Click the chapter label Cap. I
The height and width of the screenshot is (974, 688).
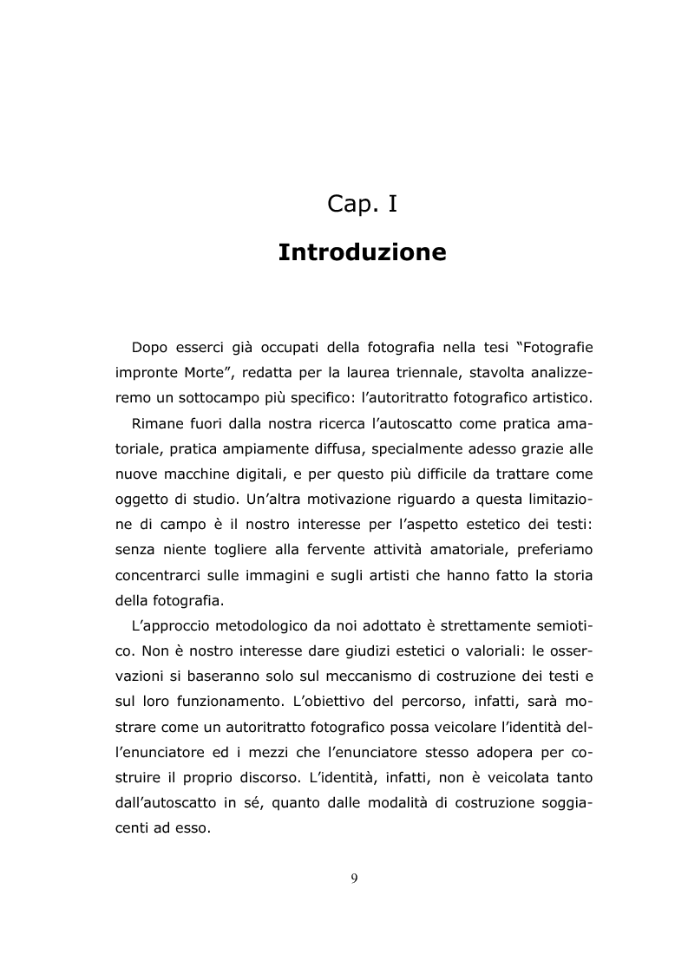362,204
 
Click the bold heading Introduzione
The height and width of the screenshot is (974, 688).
362,253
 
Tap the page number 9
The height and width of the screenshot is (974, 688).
354,879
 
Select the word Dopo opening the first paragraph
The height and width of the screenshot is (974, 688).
150,349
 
